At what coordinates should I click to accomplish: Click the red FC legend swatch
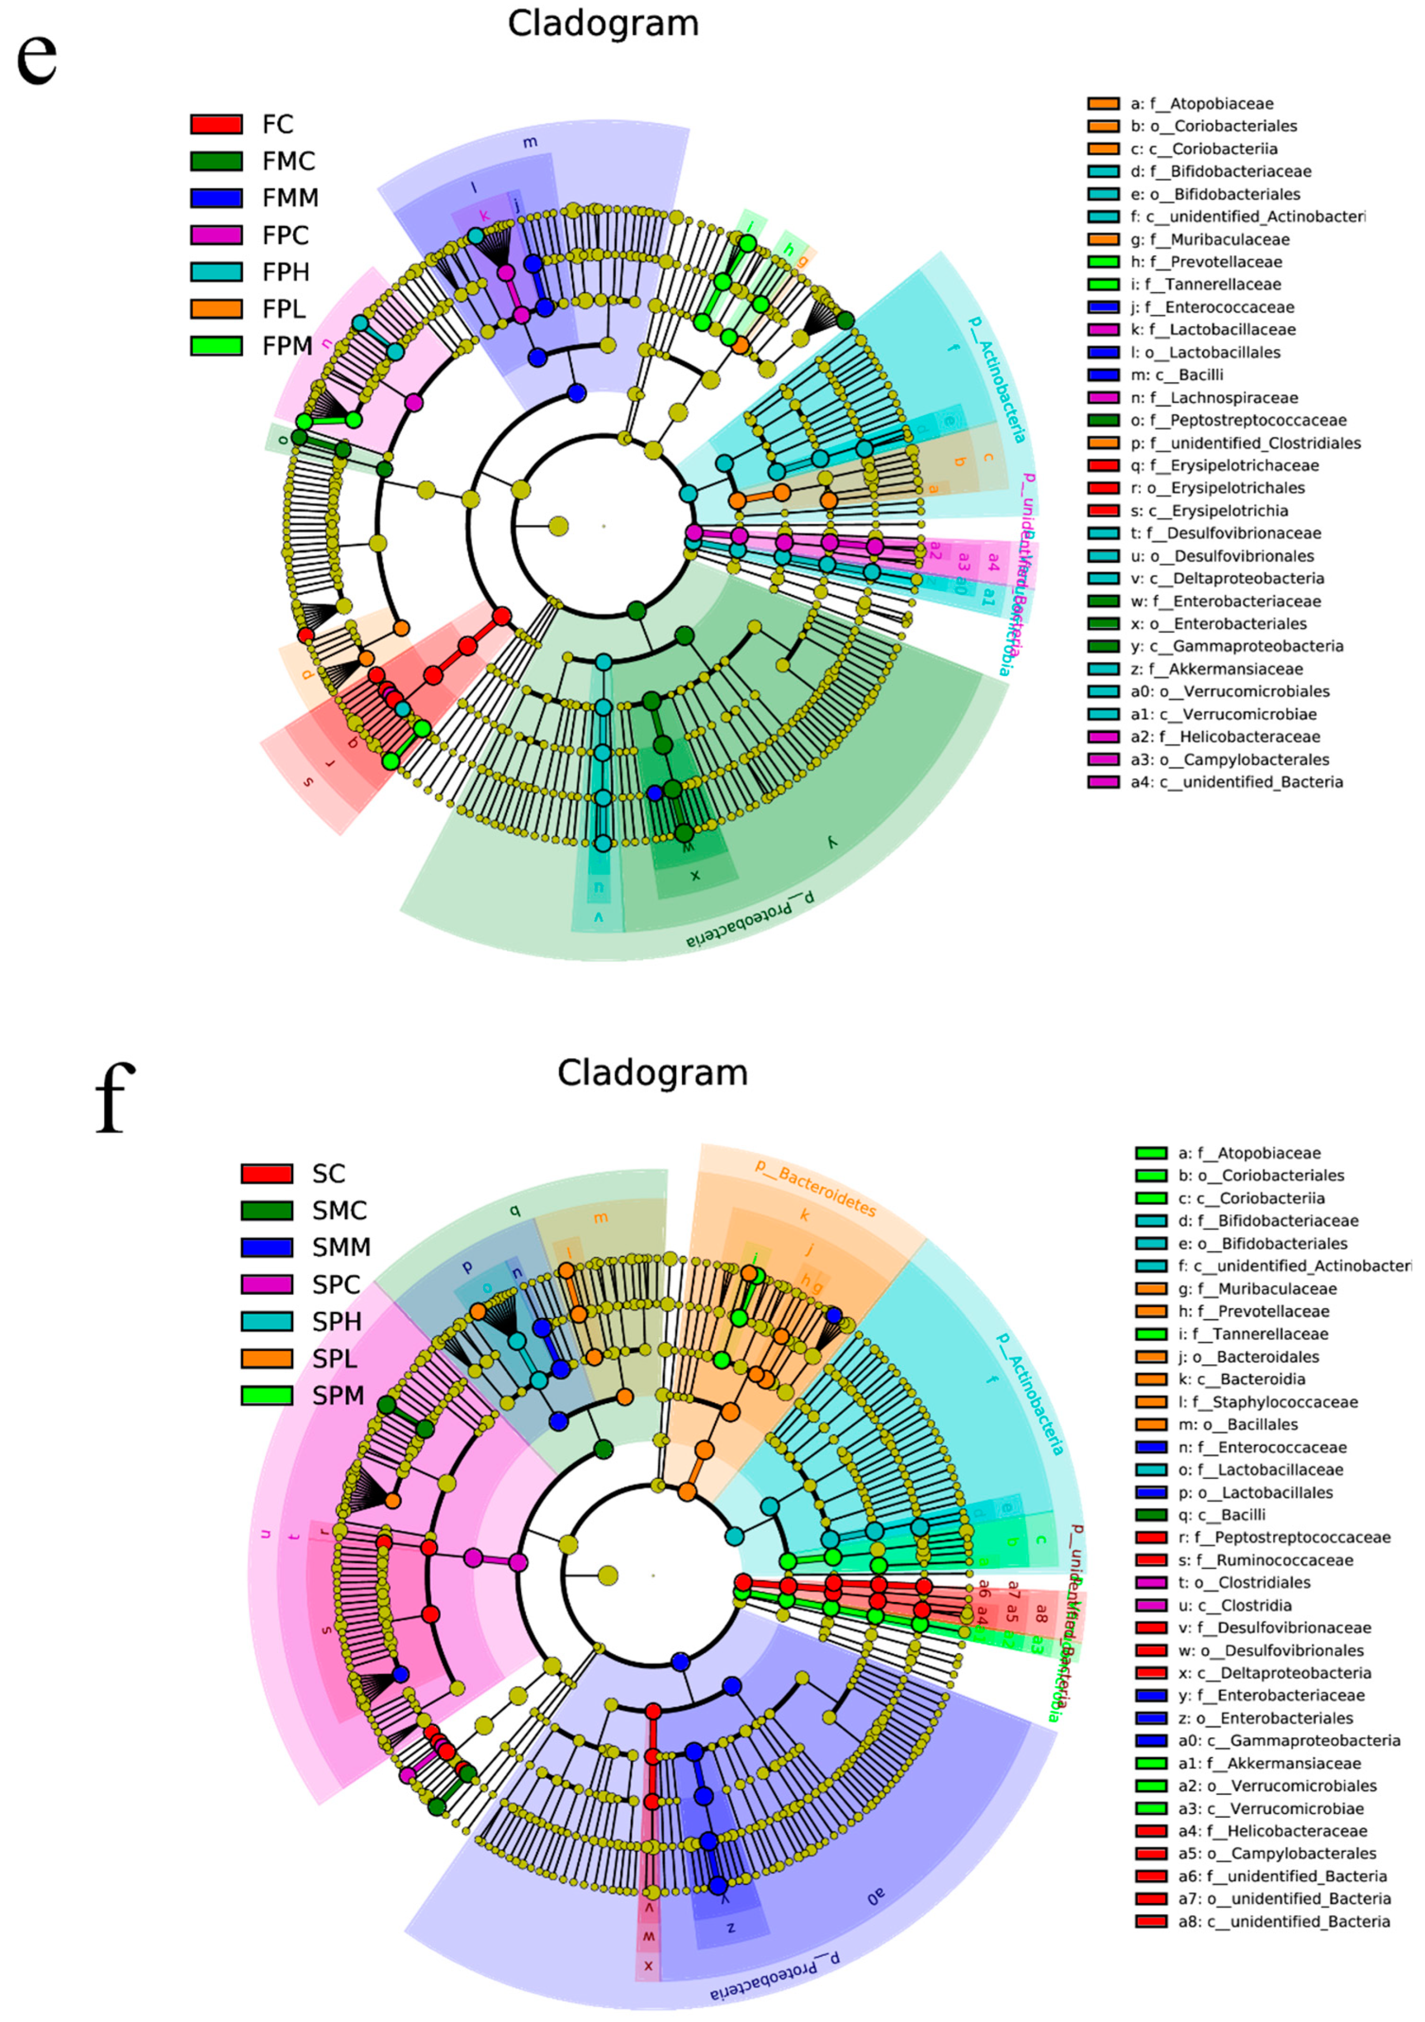coord(216,124)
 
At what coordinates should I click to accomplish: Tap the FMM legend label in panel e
coord(290,198)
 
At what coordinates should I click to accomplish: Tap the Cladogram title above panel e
coord(604,24)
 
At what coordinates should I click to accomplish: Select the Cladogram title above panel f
coord(652,1073)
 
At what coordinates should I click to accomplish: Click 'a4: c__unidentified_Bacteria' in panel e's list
coord(1236,782)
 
